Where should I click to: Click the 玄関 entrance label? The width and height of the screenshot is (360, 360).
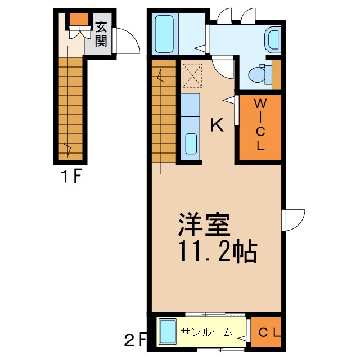pyautogui.click(x=101, y=34)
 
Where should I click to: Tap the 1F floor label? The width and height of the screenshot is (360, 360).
pyautogui.click(x=71, y=178)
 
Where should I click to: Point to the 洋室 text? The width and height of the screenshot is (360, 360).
pyautogui.click(x=204, y=226)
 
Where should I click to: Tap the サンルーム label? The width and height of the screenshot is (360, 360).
pyautogui.click(x=207, y=332)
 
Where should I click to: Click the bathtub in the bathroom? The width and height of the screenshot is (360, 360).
pyautogui.click(x=164, y=34)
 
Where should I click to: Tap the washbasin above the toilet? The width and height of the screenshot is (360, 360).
pyautogui.click(x=274, y=39)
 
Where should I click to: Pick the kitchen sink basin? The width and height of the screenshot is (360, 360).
pyautogui.click(x=191, y=144)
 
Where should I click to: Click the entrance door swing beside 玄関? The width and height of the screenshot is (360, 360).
pyautogui.click(x=127, y=42)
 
